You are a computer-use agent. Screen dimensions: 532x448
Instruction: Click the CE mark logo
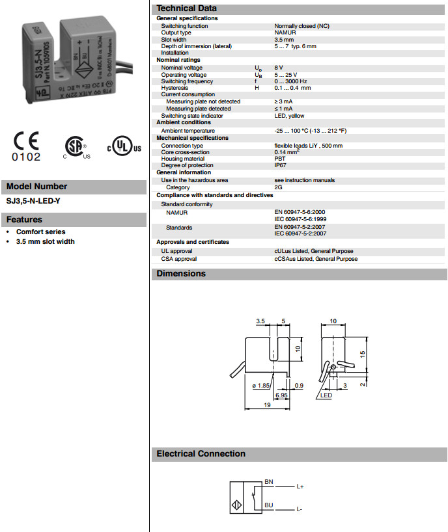pyautogui.click(x=27, y=146)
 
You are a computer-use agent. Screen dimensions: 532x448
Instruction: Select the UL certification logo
pyautogui.click(x=123, y=147)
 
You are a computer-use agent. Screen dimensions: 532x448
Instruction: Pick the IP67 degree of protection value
pyautogui.click(x=280, y=165)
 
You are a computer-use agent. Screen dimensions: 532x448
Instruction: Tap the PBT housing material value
pyautogui.click(x=279, y=159)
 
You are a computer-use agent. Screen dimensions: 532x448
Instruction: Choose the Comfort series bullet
pyautogui.click(x=40, y=232)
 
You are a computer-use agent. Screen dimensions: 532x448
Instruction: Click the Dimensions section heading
pyautogui.click(x=181, y=274)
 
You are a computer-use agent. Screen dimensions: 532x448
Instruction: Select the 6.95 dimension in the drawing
pyautogui.click(x=281, y=395)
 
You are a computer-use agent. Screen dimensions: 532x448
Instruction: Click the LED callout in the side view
pyautogui.click(x=326, y=395)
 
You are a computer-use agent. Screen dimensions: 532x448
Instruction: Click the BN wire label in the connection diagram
pyautogui.click(x=268, y=481)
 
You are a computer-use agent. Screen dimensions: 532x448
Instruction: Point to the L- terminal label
pyautogui.click(x=300, y=509)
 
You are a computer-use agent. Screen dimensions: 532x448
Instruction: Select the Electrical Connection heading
pyautogui.click(x=201, y=454)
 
